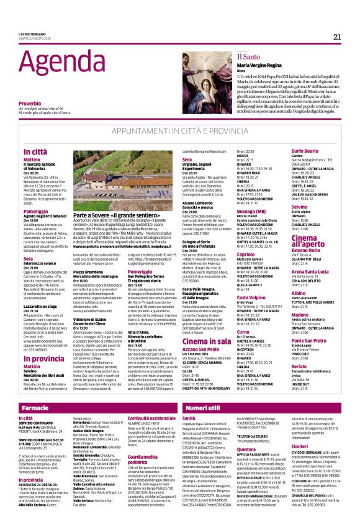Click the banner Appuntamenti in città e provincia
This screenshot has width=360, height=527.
[x=179, y=132]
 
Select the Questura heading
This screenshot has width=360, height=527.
[x=247, y=466]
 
